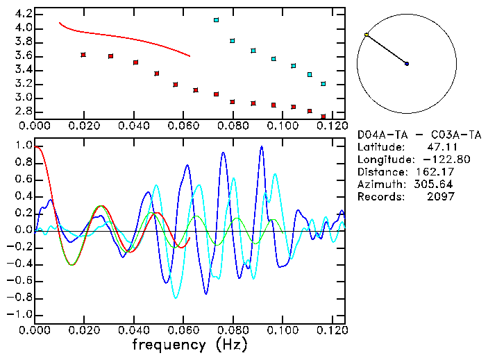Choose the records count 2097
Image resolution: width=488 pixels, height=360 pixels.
pos(441,197)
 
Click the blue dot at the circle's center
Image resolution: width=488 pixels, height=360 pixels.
pos(407,64)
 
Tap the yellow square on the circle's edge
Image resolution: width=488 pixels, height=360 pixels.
pos(367,35)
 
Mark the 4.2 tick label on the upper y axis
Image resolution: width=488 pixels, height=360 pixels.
pos(24,14)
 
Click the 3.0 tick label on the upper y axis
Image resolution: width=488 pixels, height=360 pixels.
pos(24,97)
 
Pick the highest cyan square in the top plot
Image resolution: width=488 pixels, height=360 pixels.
pos(216,21)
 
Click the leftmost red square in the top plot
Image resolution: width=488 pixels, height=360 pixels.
pos(83,54)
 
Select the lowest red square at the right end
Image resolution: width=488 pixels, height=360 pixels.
pos(323,117)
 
